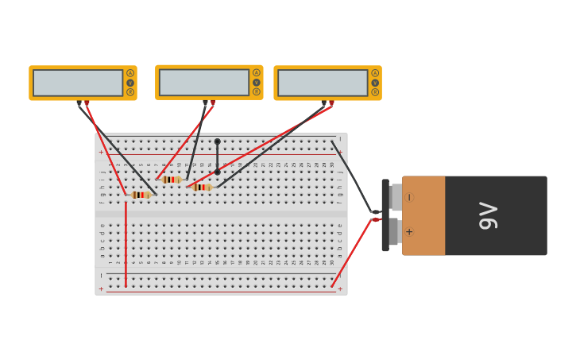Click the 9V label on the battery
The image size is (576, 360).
[488, 215]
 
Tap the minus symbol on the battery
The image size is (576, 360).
[409, 197]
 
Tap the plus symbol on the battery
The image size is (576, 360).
[409, 232]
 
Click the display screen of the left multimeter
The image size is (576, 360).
[78, 83]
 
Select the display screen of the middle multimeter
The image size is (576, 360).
[204, 82]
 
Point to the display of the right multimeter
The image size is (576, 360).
[323, 83]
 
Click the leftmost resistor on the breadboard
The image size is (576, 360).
[141, 195]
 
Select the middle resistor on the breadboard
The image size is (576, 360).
[171, 180]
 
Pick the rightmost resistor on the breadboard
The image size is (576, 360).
[202, 188]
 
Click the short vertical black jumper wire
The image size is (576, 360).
[217, 157]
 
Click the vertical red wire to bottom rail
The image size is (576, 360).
[126, 242]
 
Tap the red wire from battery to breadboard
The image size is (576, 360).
[351, 254]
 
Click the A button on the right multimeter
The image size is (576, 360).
[375, 73]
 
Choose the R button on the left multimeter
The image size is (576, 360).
[130, 92]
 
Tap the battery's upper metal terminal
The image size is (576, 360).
[395, 197]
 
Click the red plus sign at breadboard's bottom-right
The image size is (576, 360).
[340, 288]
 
